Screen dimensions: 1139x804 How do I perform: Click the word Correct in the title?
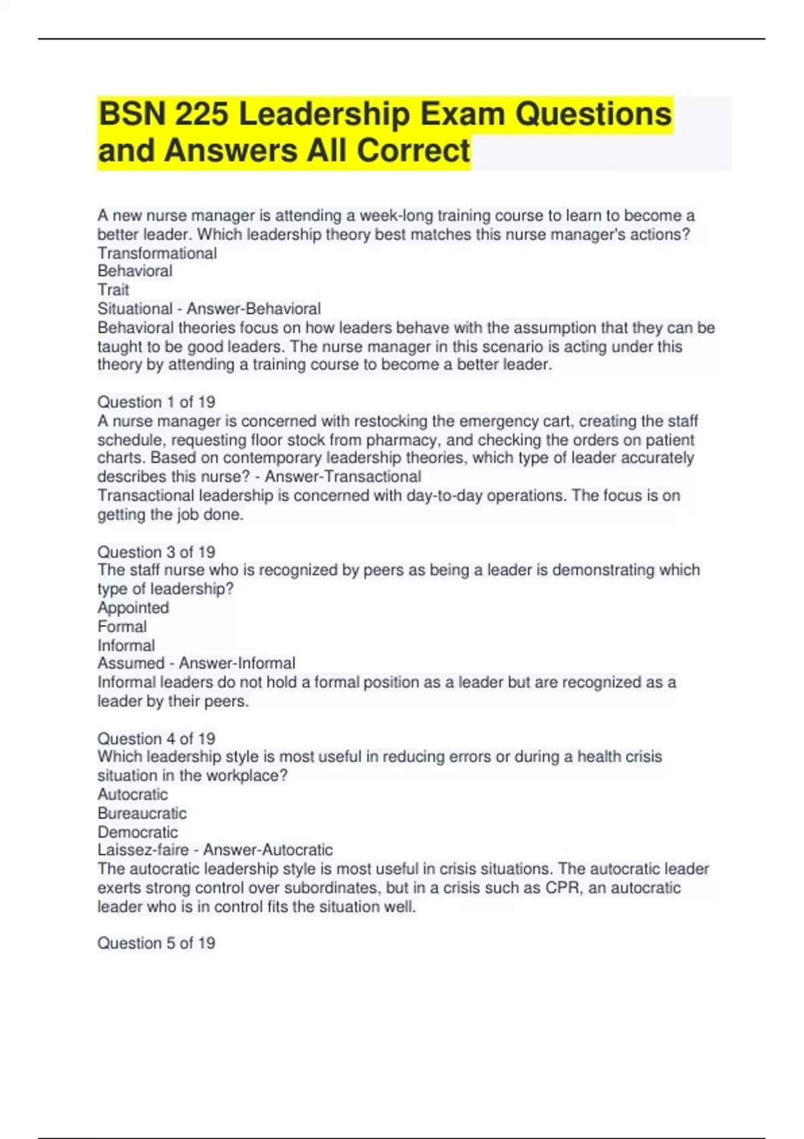pos(413,150)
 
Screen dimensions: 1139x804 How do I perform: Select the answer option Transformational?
pos(157,253)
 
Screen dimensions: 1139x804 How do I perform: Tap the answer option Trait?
pos(113,290)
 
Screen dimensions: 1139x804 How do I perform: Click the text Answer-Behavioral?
pos(253,309)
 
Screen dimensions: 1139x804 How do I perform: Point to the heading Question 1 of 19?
pos(156,402)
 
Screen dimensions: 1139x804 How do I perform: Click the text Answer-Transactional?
pos(343,477)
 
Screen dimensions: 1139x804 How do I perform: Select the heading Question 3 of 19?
pos(156,552)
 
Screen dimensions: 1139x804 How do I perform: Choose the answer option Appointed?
pos(133,608)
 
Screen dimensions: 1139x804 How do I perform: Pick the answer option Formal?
pos(122,626)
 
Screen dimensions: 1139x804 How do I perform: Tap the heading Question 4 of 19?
pos(156,738)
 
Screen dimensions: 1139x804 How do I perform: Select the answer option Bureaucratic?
pos(142,813)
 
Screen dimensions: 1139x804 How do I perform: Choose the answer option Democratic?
pos(137,832)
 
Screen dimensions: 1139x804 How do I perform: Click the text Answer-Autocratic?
pos(267,850)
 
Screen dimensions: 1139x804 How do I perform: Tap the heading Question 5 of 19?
pos(156,943)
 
